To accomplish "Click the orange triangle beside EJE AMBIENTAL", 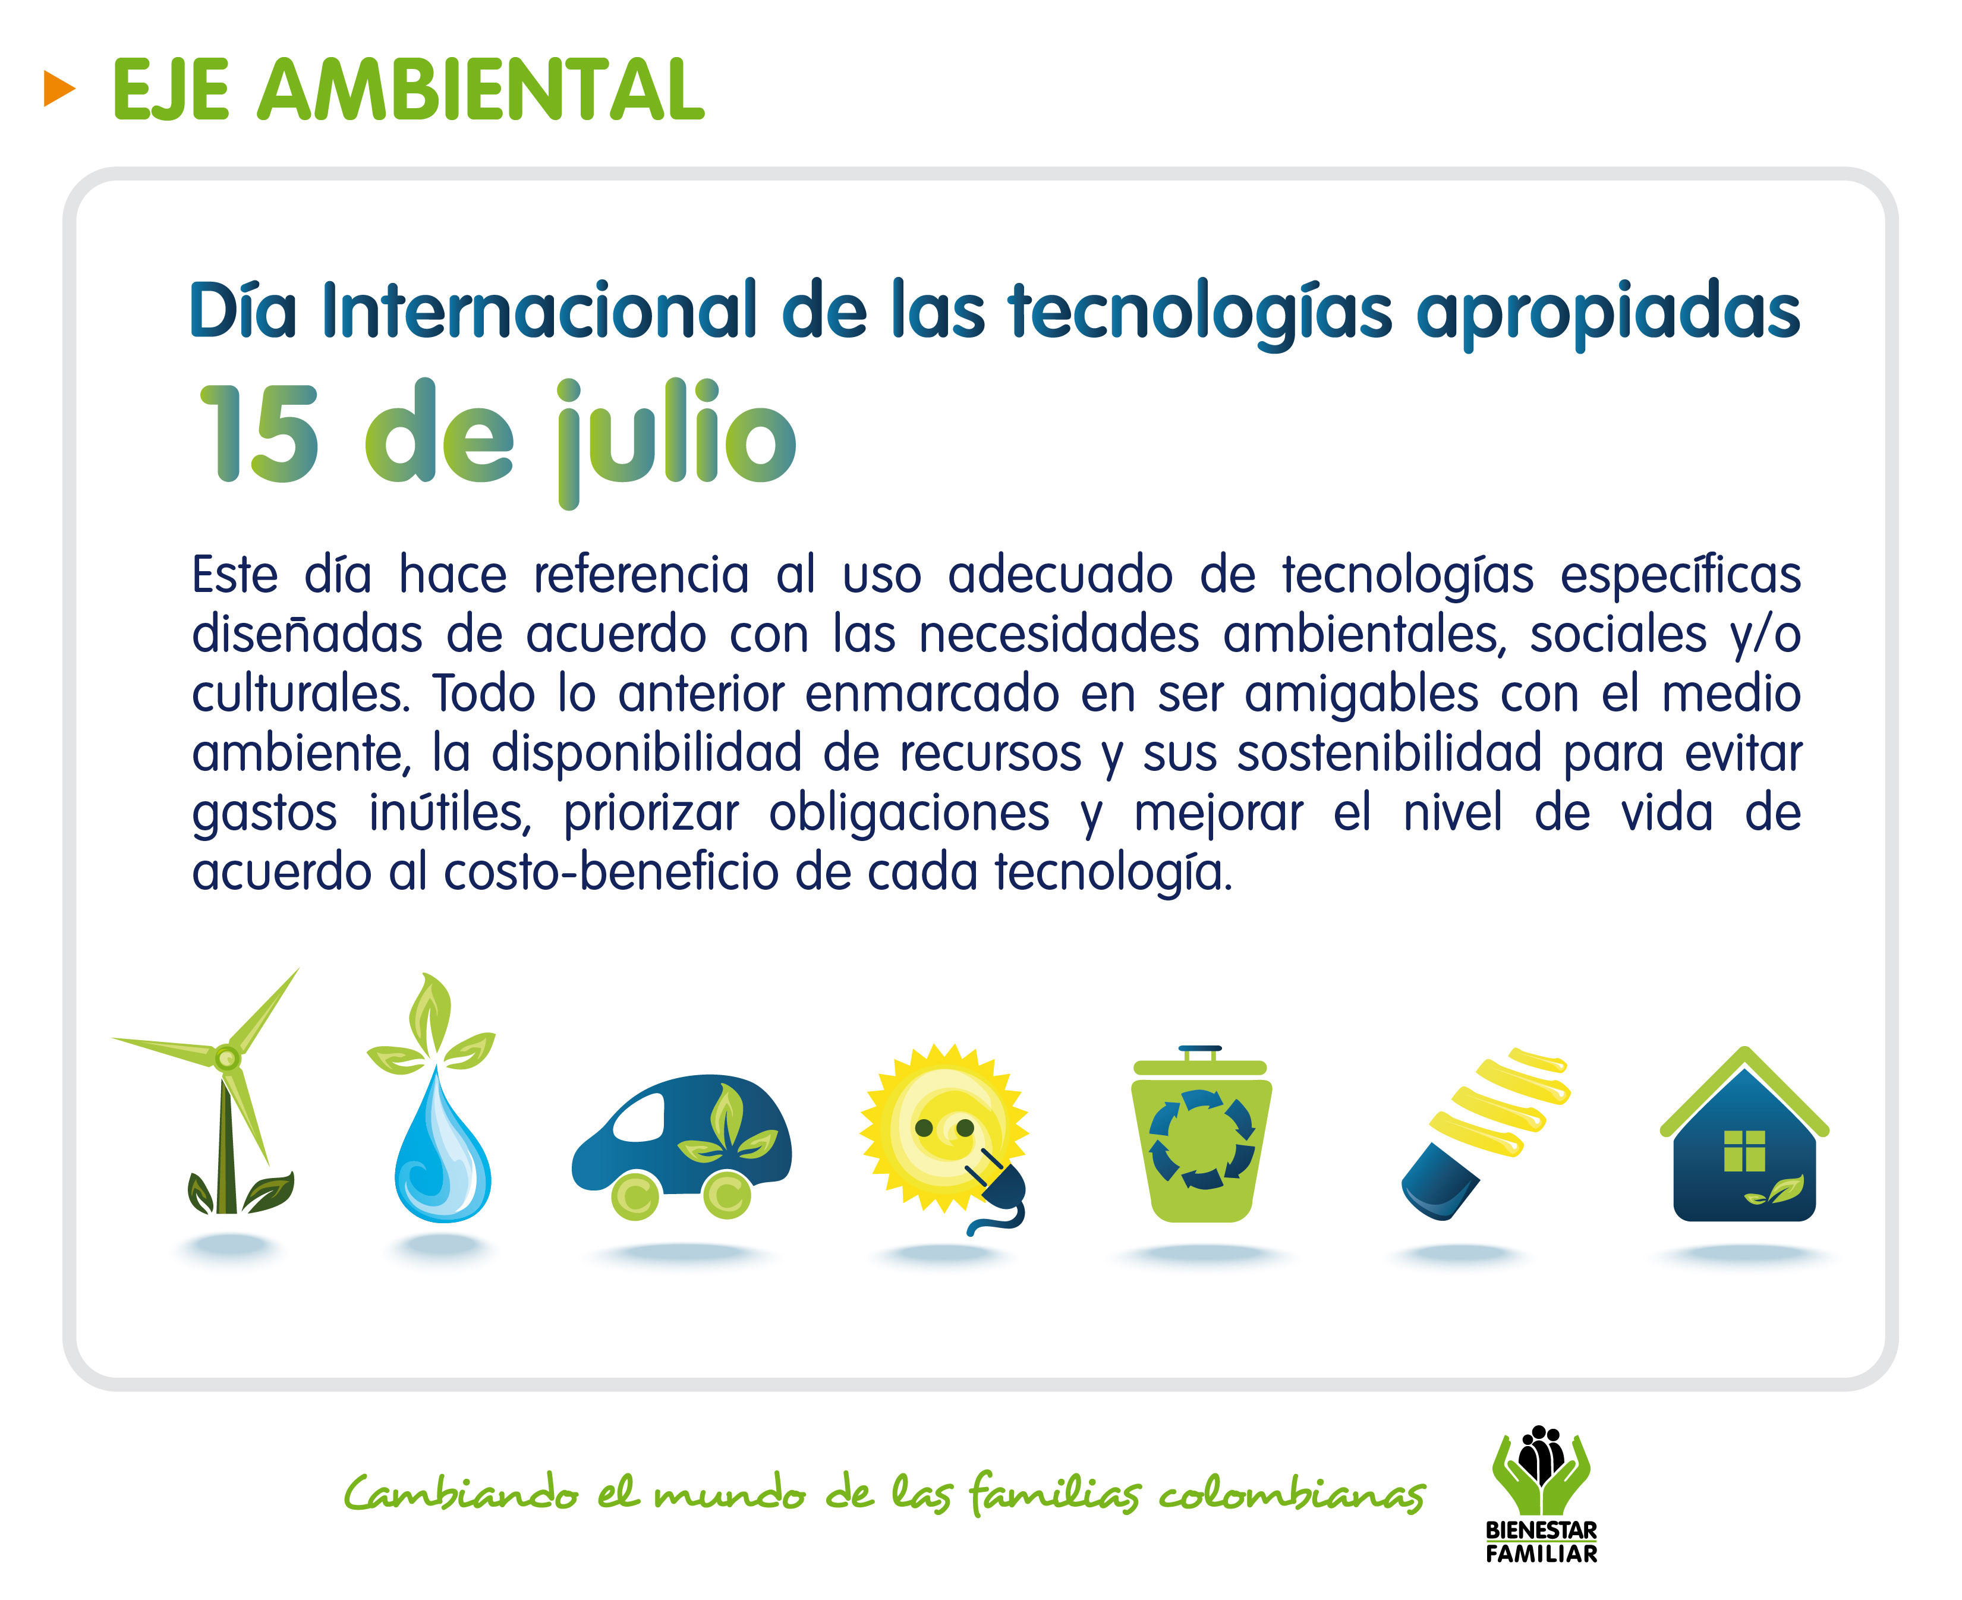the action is coord(58,89).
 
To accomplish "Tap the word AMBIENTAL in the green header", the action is coord(480,89).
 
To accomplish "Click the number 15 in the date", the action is coord(260,433).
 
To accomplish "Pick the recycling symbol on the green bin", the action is coord(1202,1139).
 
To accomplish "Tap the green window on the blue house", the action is coord(1744,1150).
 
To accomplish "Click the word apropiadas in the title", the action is coord(1608,313).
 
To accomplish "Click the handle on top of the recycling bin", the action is coord(1200,1051).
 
